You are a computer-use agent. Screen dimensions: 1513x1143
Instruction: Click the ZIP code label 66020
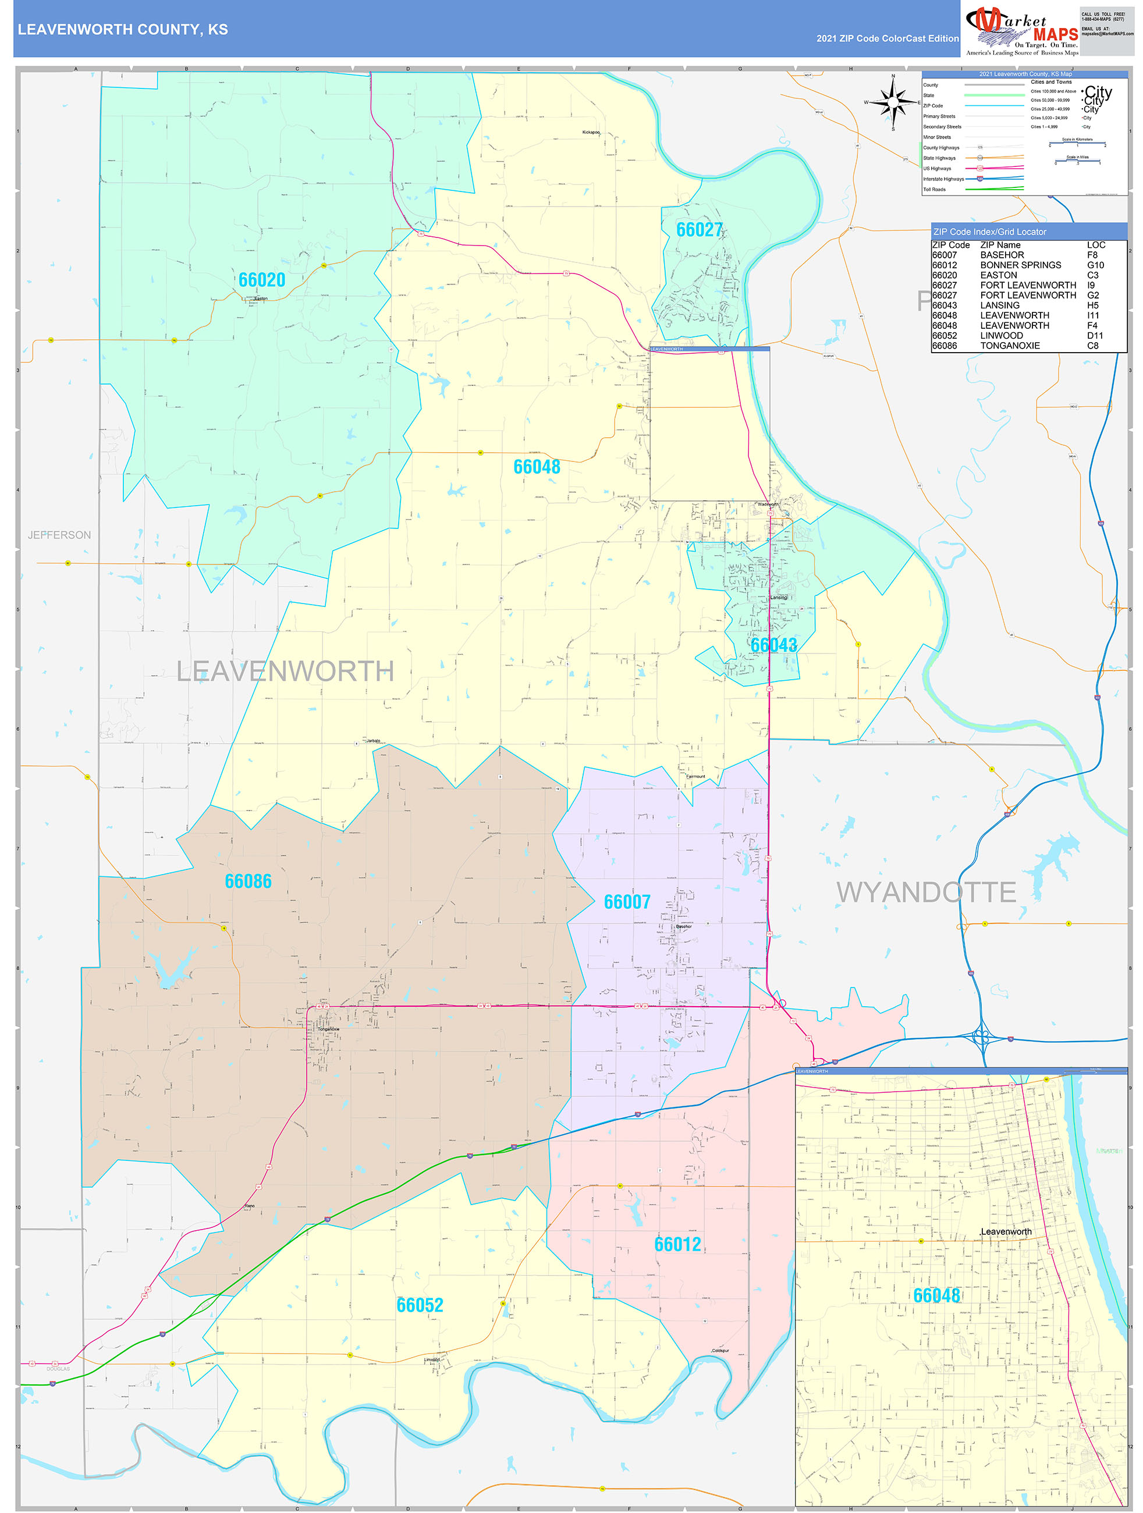click(261, 280)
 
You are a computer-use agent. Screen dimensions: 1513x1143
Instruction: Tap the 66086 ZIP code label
click(247, 882)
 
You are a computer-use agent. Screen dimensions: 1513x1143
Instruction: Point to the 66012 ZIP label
click(677, 1244)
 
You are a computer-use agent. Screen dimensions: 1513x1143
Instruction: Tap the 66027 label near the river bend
click(699, 230)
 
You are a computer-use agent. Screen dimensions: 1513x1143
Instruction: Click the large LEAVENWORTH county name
click(285, 671)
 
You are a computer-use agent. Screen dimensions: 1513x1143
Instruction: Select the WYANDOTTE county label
click(925, 893)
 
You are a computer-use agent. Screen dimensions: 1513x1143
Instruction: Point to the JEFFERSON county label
click(59, 535)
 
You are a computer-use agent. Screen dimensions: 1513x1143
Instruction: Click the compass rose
click(893, 102)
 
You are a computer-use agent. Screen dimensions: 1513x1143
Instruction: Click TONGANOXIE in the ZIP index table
click(1010, 346)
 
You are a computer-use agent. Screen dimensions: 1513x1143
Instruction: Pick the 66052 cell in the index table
click(944, 336)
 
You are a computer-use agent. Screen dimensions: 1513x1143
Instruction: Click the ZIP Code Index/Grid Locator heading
click(989, 232)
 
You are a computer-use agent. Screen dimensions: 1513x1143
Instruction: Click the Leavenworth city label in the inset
click(1006, 1232)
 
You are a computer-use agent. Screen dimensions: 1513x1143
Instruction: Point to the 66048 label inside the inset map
click(936, 1295)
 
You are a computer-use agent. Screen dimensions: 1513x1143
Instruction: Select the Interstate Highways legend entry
click(943, 179)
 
